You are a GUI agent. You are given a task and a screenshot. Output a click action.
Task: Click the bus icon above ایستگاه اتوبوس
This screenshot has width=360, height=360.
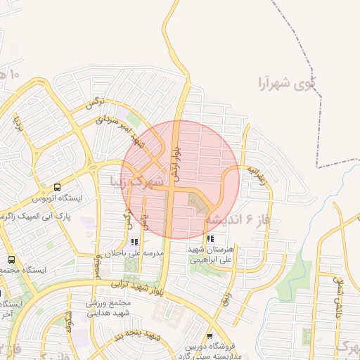[56, 188]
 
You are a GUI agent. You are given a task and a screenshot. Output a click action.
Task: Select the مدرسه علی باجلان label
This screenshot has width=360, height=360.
[134, 252]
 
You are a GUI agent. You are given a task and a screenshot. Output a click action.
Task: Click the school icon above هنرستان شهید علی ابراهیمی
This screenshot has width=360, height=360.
[211, 239]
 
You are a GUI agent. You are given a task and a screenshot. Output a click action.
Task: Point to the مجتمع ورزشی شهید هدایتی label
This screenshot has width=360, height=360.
[110, 309]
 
